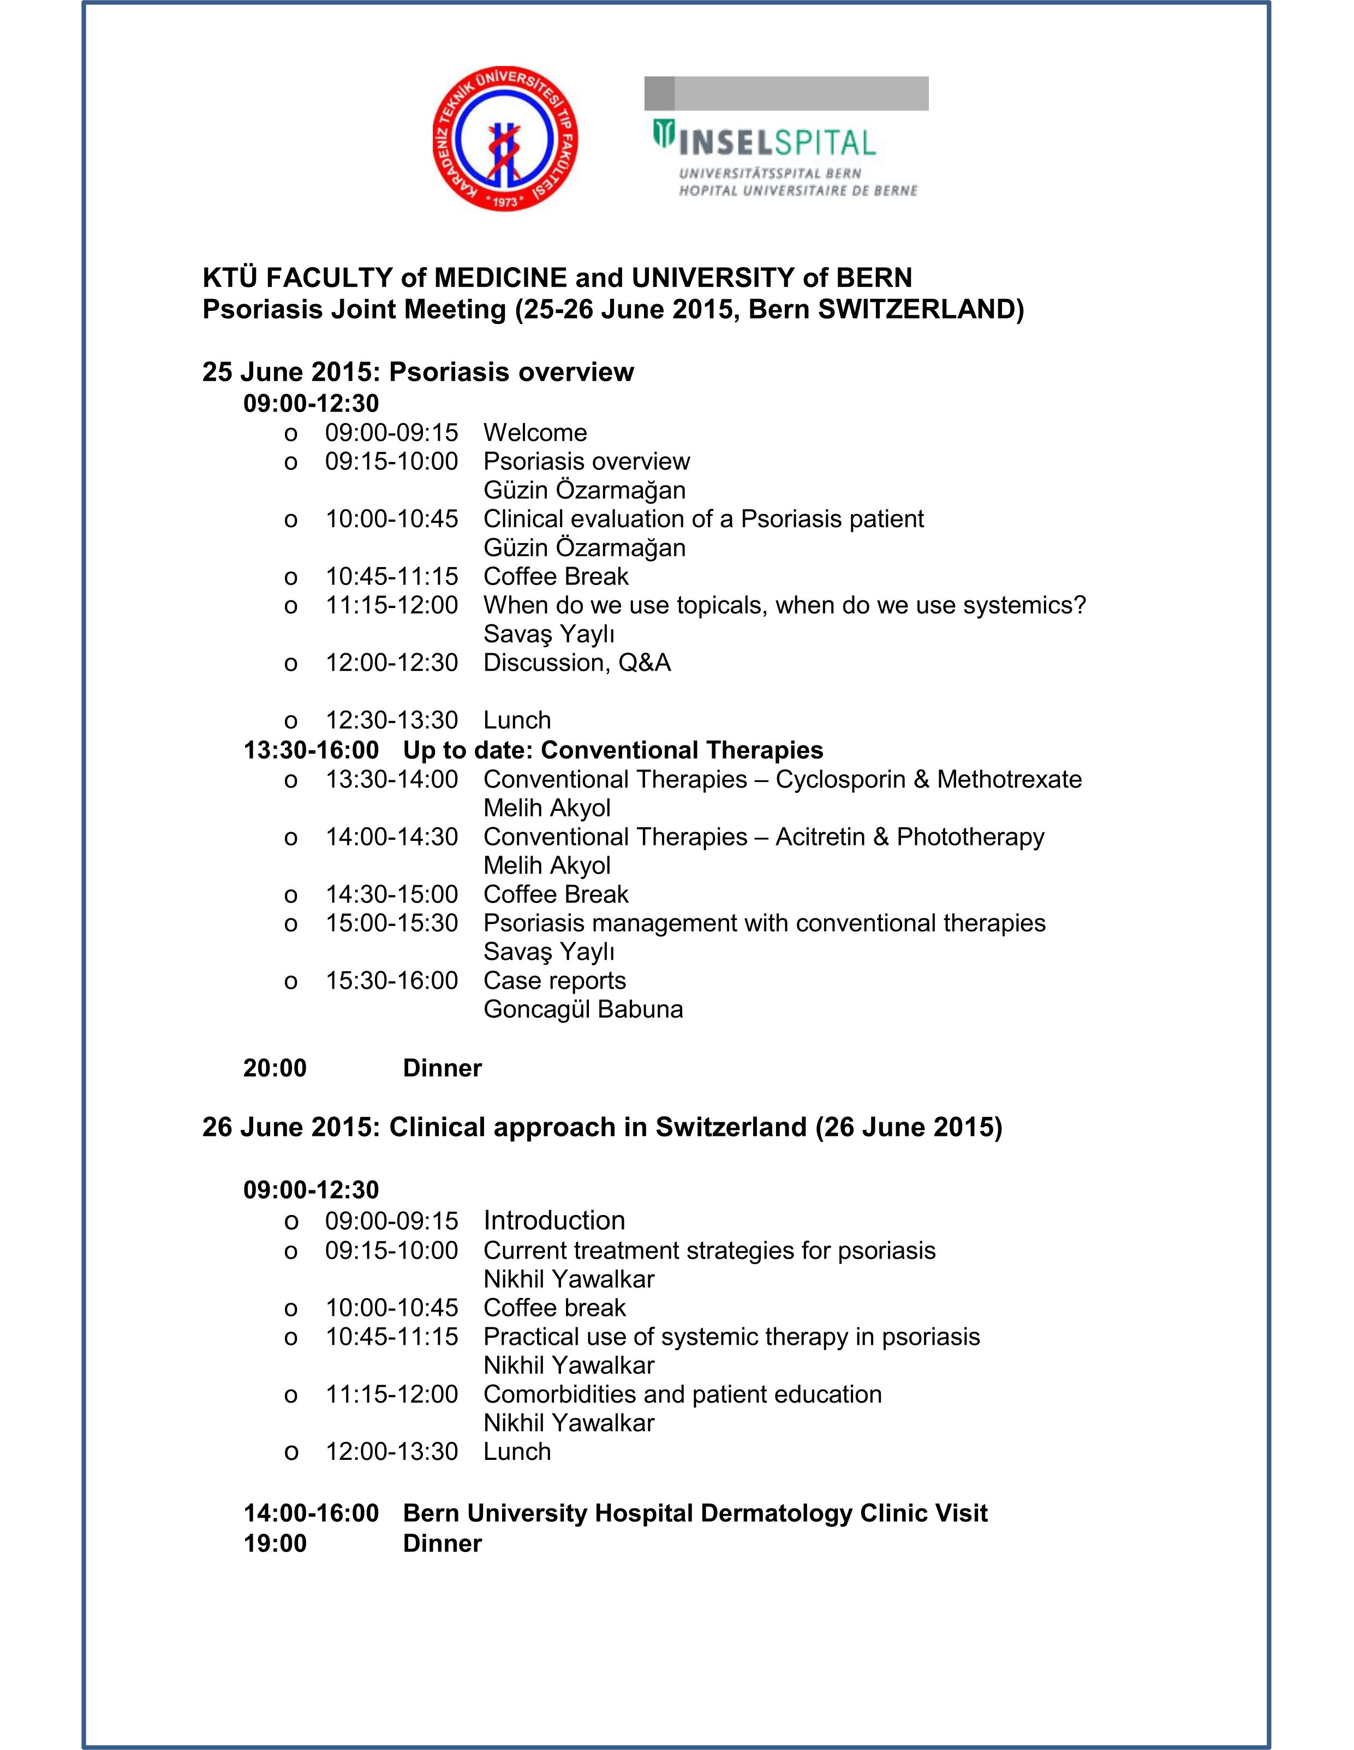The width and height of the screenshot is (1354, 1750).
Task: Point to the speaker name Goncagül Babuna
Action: click(583, 1009)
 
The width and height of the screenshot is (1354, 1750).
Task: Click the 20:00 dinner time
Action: click(275, 1068)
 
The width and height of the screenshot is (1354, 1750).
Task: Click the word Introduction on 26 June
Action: click(554, 1220)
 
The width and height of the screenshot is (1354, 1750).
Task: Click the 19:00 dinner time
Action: click(275, 1543)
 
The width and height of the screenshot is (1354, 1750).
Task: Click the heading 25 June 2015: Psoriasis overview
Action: click(417, 372)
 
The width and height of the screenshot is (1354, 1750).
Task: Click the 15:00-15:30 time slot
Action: click(391, 923)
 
